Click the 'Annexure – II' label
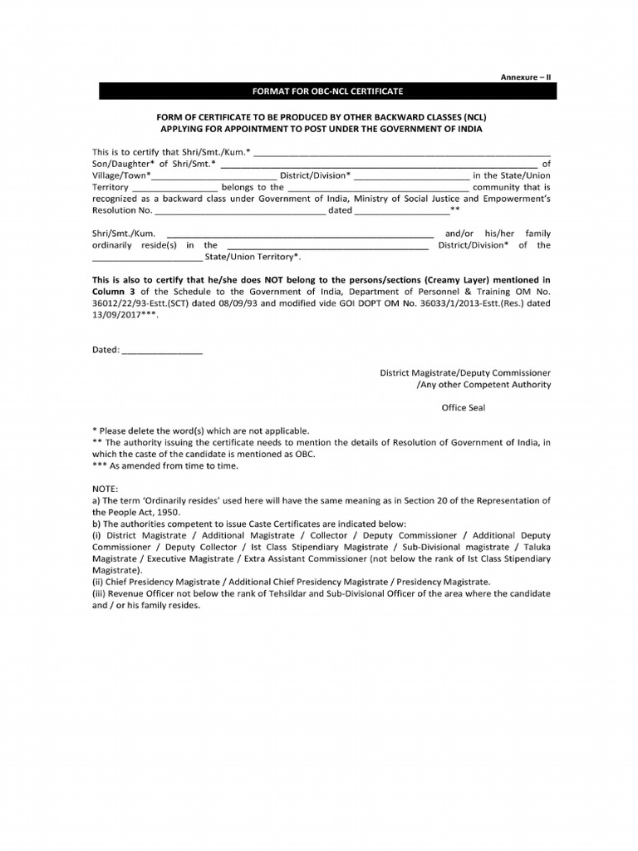coord(526,76)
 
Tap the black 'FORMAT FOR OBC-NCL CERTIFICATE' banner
coord(328,91)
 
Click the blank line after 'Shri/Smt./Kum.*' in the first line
coord(402,154)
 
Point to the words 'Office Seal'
coord(463,408)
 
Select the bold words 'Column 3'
coord(112,293)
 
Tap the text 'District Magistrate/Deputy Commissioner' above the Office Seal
coord(465,373)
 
